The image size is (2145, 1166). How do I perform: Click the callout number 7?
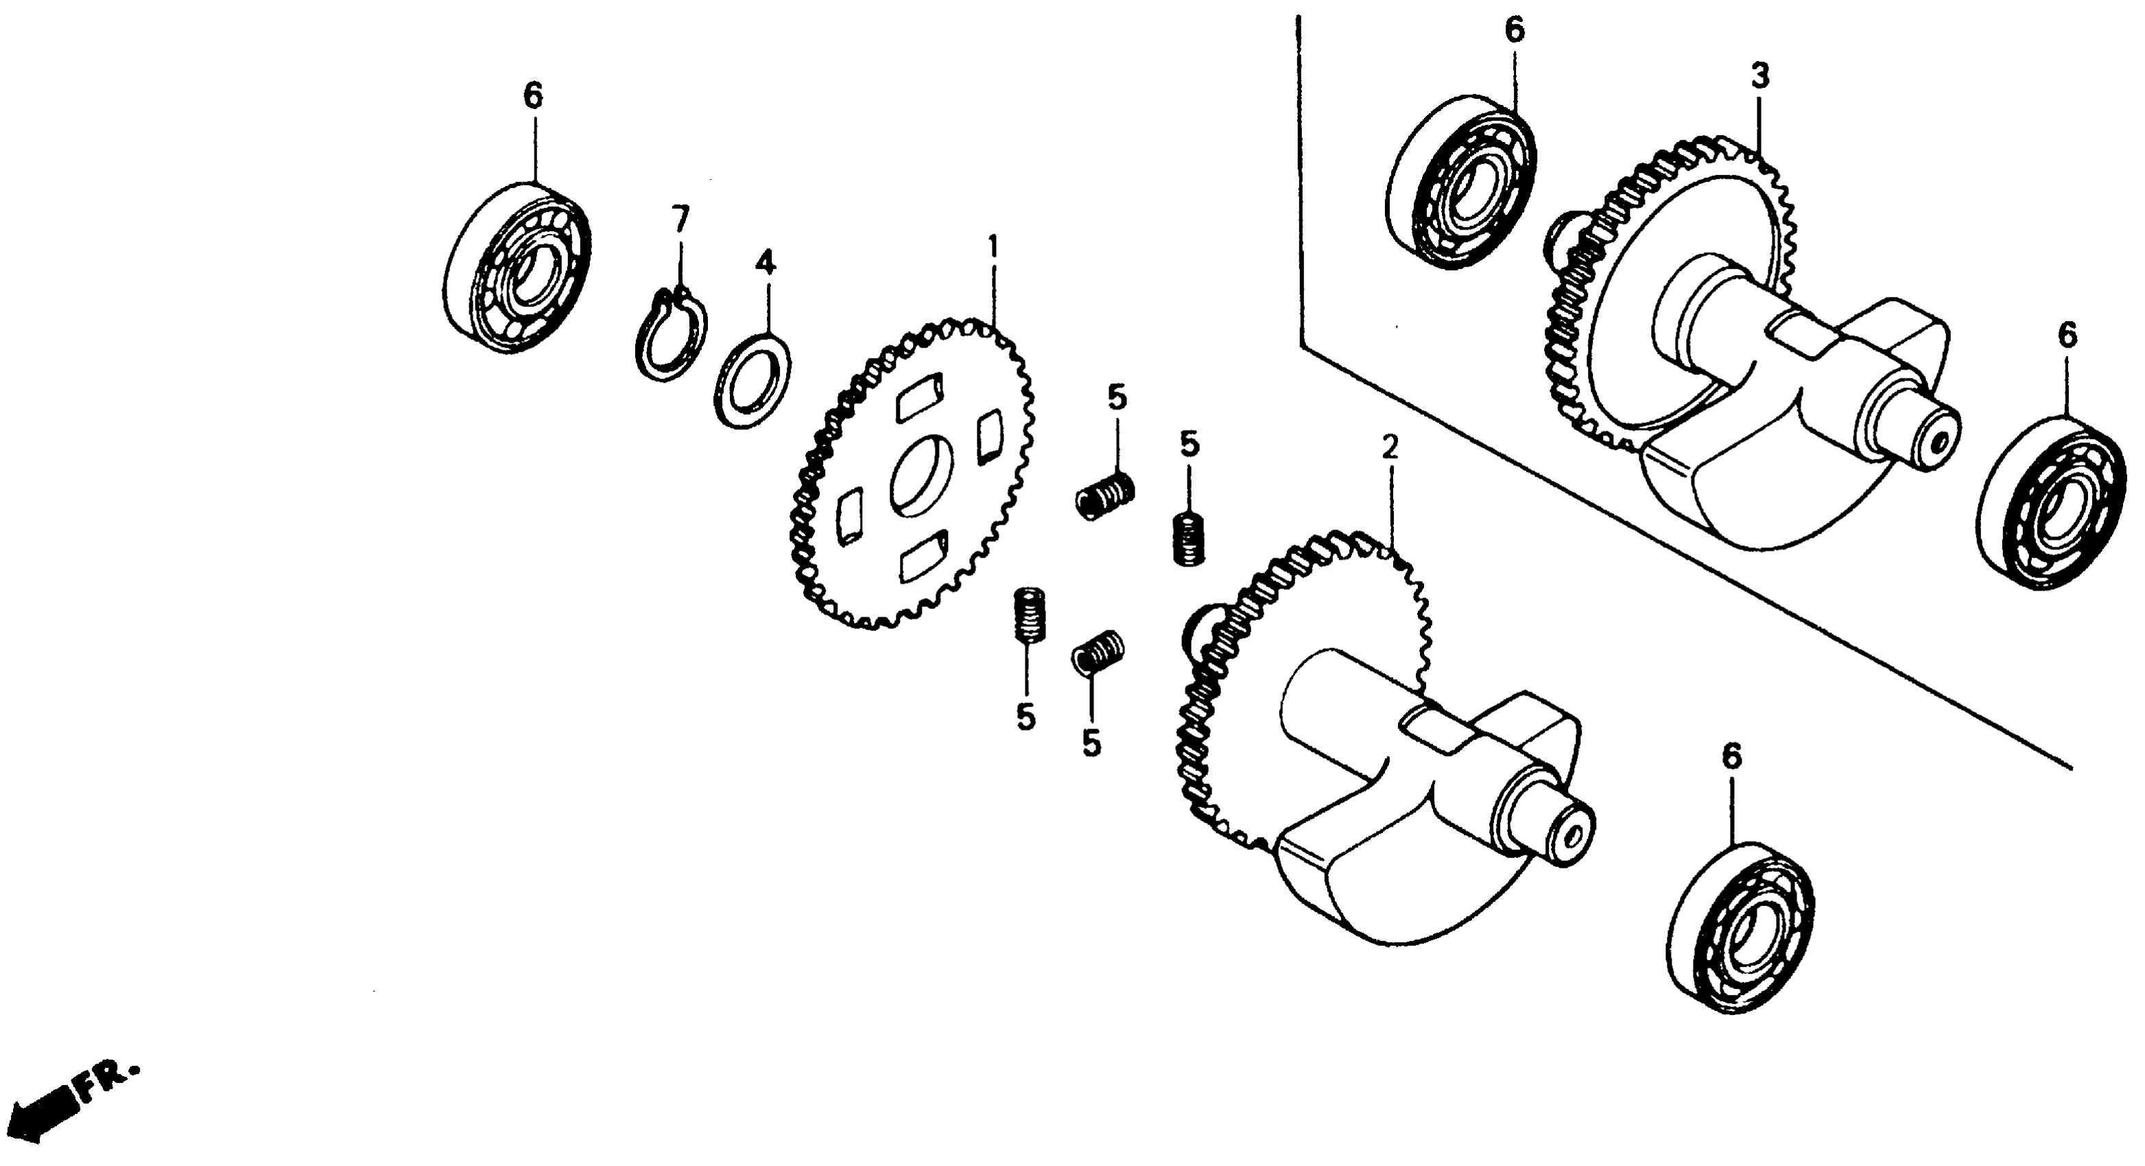[x=680, y=220]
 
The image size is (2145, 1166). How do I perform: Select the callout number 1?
[x=992, y=248]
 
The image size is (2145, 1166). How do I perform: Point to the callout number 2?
[x=1389, y=447]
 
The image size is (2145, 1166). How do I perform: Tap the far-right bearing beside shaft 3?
[x=2051, y=505]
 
